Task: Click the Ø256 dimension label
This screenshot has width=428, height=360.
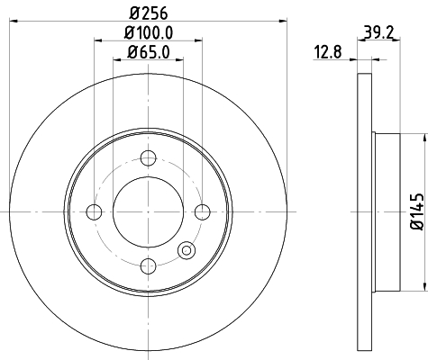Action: pyautogui.click(x=149, y=13)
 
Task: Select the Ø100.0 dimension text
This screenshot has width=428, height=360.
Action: pyautogui.click(x=149, y=32)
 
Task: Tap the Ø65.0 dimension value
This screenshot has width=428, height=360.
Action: pyautogui.click(x=149, y=52)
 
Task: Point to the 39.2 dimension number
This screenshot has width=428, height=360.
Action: pyautogui.click(x=378, y=32)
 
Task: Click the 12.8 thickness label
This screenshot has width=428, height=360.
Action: pyautogui.click(x=328, y=52)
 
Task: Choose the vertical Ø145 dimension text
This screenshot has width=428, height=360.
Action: pyautogui.click(x=417, y=211)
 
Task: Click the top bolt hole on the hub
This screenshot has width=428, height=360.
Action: pyautogui.click(x=149, y=157)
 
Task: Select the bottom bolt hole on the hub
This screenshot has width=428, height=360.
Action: pyautogui.click(x=149, y=266)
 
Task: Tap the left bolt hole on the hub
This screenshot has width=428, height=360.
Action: pyautogui.click(x=94, y=212)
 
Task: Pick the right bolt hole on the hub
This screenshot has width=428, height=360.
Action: pyautogui.click(x=203, y=212)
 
